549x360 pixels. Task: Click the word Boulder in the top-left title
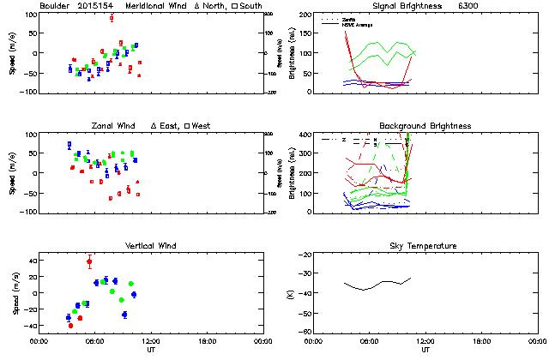click(x=55, y=6)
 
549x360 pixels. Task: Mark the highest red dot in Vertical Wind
click(x=89, y=261)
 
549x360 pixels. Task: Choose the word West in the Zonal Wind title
click(x=202, y=126)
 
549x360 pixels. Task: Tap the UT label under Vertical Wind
click(x=151, y=351)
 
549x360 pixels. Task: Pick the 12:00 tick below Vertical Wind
click(x=150, y=341)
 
